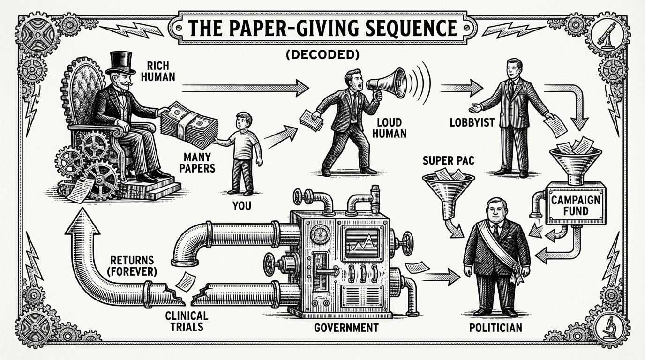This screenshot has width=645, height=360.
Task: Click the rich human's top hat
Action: pos(120,62)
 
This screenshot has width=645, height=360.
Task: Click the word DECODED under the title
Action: pos(322,54)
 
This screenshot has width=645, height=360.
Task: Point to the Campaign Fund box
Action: pos(576,206)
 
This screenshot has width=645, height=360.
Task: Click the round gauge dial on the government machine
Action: pos(320,233)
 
